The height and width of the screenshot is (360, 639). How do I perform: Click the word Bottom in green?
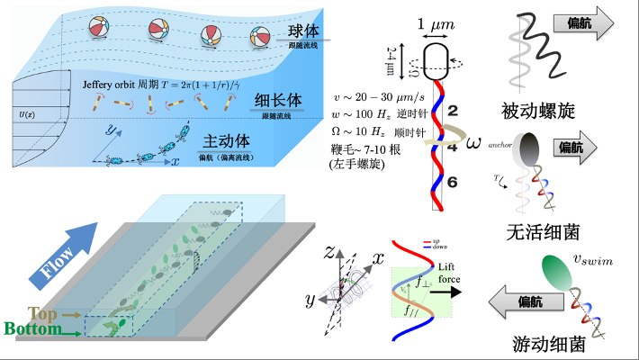31,329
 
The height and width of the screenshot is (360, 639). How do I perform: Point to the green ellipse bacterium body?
557,274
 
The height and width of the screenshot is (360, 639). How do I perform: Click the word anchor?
499,142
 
